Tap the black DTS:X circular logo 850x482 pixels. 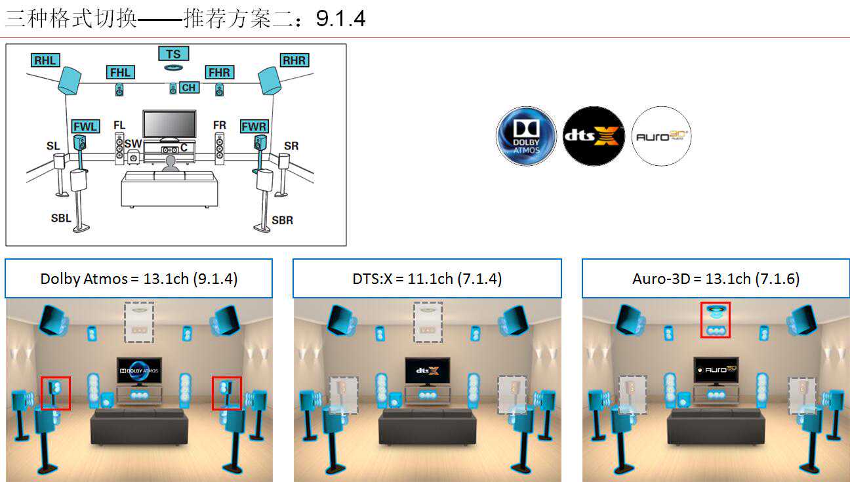click(593, 136)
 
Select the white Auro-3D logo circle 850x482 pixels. click(661, 136)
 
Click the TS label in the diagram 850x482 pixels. click(173, 54)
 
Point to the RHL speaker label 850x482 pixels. click(45, 60)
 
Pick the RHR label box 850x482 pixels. click(294, 60)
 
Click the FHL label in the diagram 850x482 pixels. click(121, 72)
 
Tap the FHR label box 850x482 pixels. click(218, 72)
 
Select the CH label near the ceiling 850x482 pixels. click(189, 88)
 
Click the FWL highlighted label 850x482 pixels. click(85, 126)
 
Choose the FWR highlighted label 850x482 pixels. click(254, 126)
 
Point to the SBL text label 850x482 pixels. click(61, 218)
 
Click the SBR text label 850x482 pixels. click(283, 220)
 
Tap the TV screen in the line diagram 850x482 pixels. click(169, 123)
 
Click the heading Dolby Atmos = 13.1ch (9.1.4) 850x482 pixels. click(138, 279)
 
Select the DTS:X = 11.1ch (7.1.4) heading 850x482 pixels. click(427, 279)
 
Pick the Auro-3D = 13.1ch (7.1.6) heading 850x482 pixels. click(716, 279)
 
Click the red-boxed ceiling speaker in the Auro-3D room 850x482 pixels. click(716, 319)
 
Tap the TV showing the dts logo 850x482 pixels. click(427, 371)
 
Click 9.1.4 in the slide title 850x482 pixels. click(340, 18)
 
